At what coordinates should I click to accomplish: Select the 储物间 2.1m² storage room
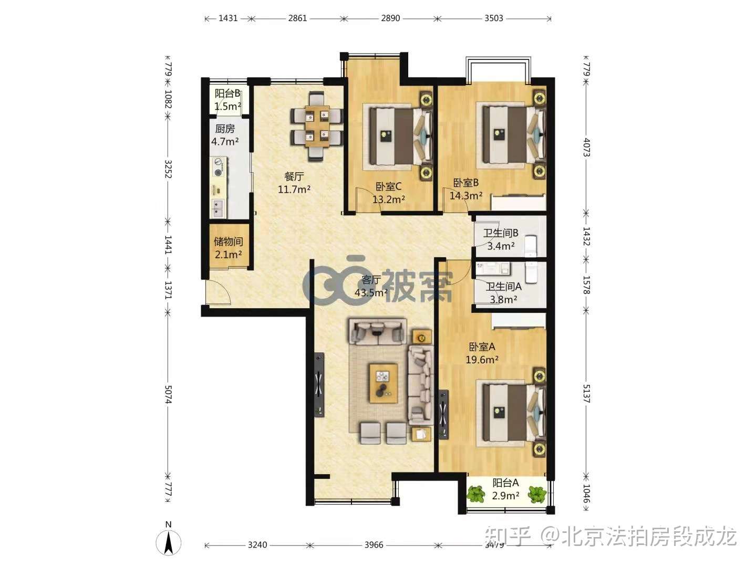coord(228,248)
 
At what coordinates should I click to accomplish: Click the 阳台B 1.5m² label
coord(227,100)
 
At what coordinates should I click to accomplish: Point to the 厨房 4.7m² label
coord(225,135)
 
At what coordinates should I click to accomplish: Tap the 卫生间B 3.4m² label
coord(501,239)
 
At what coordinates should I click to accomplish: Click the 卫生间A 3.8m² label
coord(503,293)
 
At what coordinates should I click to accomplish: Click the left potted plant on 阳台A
coord(477,494)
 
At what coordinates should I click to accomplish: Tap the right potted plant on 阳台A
coord(537,494)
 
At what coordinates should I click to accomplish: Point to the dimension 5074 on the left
coord(168,393)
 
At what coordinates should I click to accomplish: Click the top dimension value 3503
coord(493,18)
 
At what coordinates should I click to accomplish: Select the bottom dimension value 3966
coord(374,545)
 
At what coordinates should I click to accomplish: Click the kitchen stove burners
coord(218,167)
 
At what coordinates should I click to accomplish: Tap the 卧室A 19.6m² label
coord(482,353)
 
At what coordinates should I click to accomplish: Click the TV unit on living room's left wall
coord(319,385)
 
